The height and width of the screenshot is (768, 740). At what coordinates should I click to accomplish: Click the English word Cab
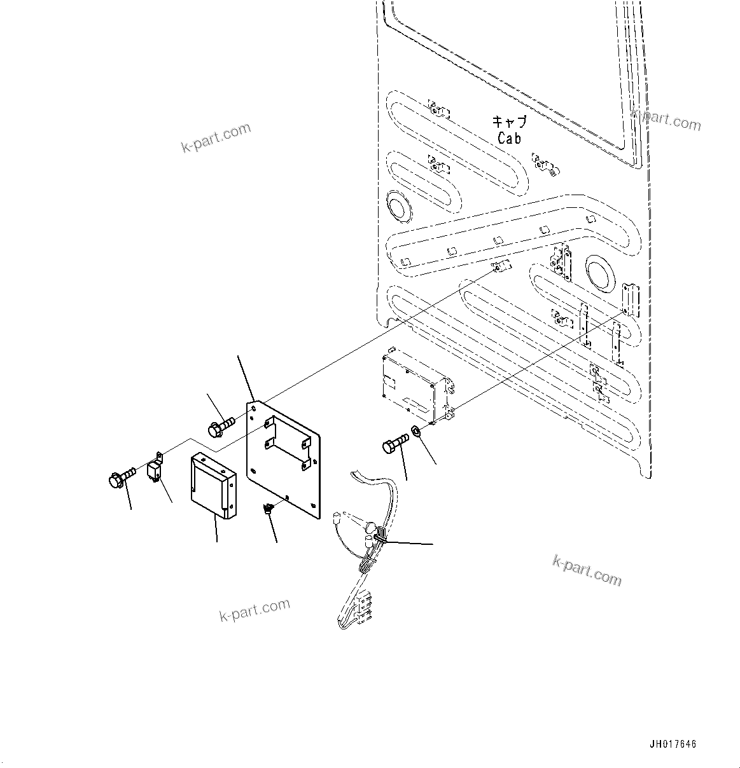509,138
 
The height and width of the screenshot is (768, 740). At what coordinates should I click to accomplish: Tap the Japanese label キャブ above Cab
509,121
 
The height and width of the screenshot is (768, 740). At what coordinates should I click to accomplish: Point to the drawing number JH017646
673,744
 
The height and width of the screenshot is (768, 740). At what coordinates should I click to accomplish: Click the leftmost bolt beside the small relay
121,477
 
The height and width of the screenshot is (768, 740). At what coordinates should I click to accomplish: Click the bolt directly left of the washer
394,444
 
